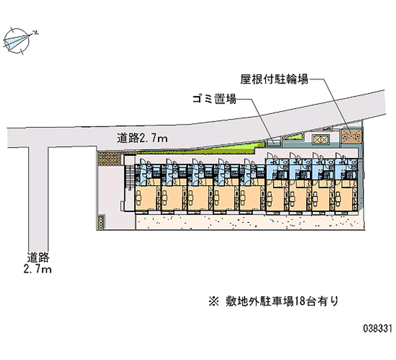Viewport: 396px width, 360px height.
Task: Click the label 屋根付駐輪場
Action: tap(274, 79)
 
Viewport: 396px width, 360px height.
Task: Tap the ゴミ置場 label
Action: tap(214, 99)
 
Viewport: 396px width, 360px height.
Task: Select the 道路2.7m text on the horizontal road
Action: tap(142, 138)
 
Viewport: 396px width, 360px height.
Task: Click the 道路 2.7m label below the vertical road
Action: tap(38, 263)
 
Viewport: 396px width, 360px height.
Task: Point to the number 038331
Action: tap(378, 328)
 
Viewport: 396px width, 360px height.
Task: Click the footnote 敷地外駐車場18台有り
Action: tap(279, 301)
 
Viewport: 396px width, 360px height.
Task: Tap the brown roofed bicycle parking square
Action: tap(352, 136)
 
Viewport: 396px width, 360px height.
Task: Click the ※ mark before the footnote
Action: tap(213, 301)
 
